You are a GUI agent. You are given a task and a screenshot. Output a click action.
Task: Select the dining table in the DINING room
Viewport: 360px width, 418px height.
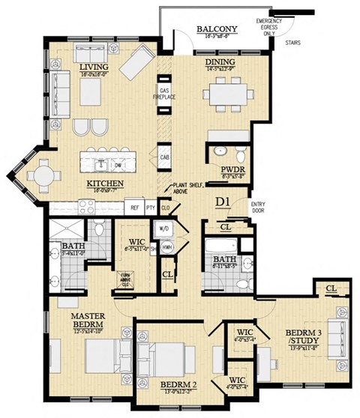(229, 95)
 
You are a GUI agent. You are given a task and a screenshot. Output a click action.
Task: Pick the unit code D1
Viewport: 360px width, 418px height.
(222, 201)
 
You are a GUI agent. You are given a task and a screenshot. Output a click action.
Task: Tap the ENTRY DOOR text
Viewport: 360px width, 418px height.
(258, 207)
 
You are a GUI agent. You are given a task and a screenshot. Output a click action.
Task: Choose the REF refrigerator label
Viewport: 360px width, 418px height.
(134, 208)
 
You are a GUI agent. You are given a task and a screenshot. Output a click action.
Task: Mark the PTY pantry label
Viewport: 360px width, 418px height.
(151, 208)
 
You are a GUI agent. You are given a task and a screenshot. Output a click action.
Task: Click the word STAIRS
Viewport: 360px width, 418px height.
(294, 43)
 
